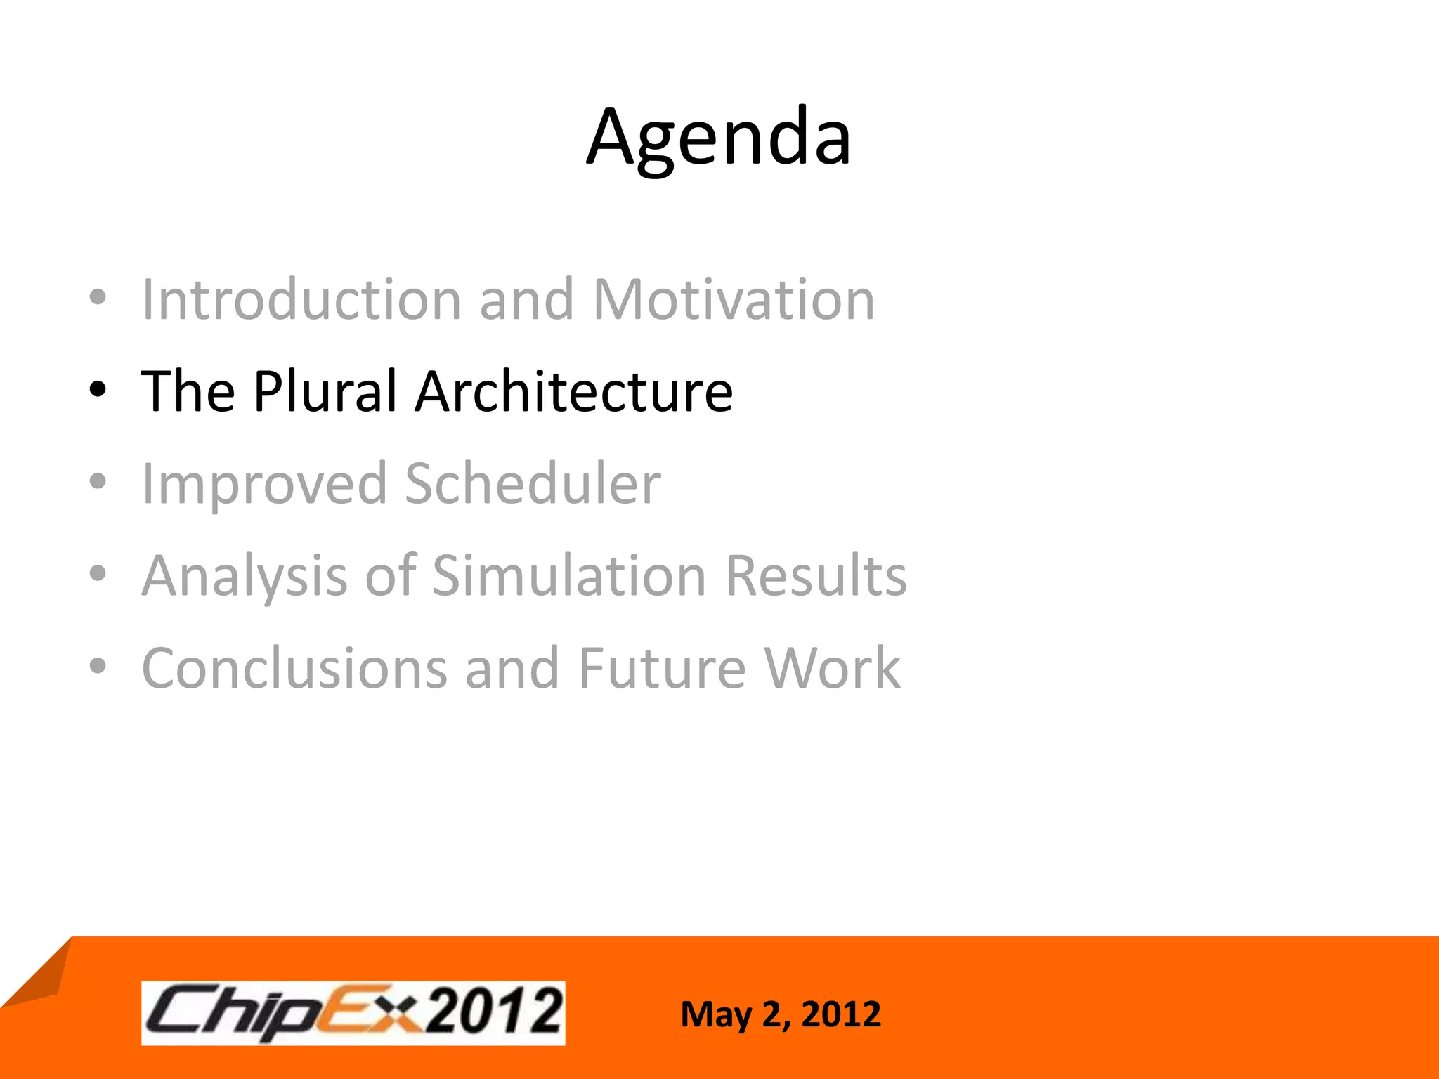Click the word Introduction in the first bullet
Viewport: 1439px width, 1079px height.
(x=301, y=300)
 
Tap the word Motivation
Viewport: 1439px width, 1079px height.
(x=734, y=300)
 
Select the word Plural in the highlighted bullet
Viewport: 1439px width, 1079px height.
(x=325, y=391)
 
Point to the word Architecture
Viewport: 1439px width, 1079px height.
(x=573, y=391)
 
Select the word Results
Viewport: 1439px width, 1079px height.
(x=816, y=576)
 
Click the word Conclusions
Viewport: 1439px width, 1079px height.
(x=294, y=669)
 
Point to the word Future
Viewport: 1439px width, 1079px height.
(x=662, y=669)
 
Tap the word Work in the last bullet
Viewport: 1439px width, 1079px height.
(x=832, y=669)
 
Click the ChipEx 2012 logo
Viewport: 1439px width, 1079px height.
(x=353, y=1013)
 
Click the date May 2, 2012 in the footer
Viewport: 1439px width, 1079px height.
(x=780, y=1014)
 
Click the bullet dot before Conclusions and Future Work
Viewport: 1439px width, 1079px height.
(x=98, y=666)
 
